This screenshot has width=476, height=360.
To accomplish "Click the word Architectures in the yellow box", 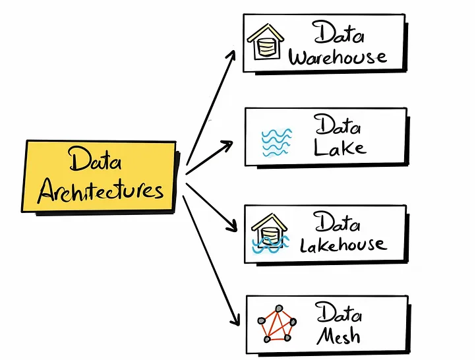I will [100, 191].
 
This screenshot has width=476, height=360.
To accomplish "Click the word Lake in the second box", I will [340, 148].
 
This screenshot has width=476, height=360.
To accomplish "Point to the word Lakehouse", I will [342, 245].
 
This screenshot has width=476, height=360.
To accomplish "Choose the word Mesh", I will [338, 336].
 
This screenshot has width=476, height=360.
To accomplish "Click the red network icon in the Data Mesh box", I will [276, 324].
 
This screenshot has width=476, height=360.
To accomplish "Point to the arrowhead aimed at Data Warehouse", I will [230, 54].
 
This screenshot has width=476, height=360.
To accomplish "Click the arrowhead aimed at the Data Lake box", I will [227, 144].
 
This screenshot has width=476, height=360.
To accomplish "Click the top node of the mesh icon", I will [278, 309].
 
